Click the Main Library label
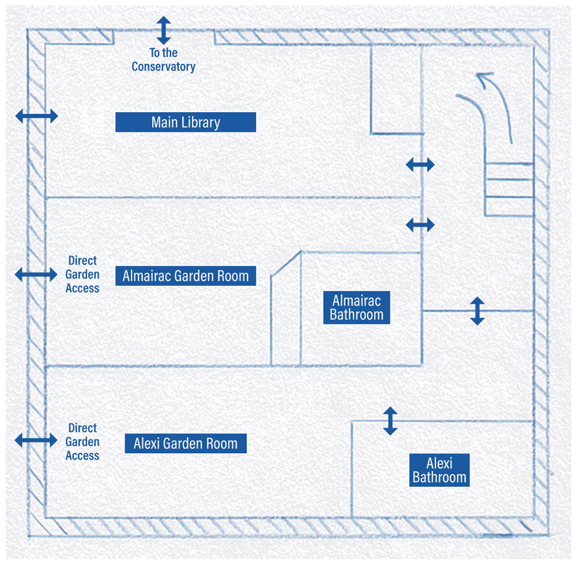[185, 122]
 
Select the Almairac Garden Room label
[185, 276]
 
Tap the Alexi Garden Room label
[185, 444]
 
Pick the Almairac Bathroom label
[357, 307]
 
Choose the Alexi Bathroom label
[439, 470]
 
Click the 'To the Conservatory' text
[164, 60]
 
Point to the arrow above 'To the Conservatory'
[164, 30]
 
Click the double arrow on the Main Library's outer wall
[36, 116]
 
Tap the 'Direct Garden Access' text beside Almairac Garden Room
[82, 274]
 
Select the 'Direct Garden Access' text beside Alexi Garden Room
[82, 442]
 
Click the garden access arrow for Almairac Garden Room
[36, 274]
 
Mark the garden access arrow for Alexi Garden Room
[36, 440]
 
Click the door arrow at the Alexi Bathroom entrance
[390, 421]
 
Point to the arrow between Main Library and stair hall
[420, 165]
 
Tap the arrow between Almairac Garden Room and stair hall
[420, 225]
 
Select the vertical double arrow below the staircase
[477, 311]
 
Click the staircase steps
[509, 189]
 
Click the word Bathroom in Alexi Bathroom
[439, 478]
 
